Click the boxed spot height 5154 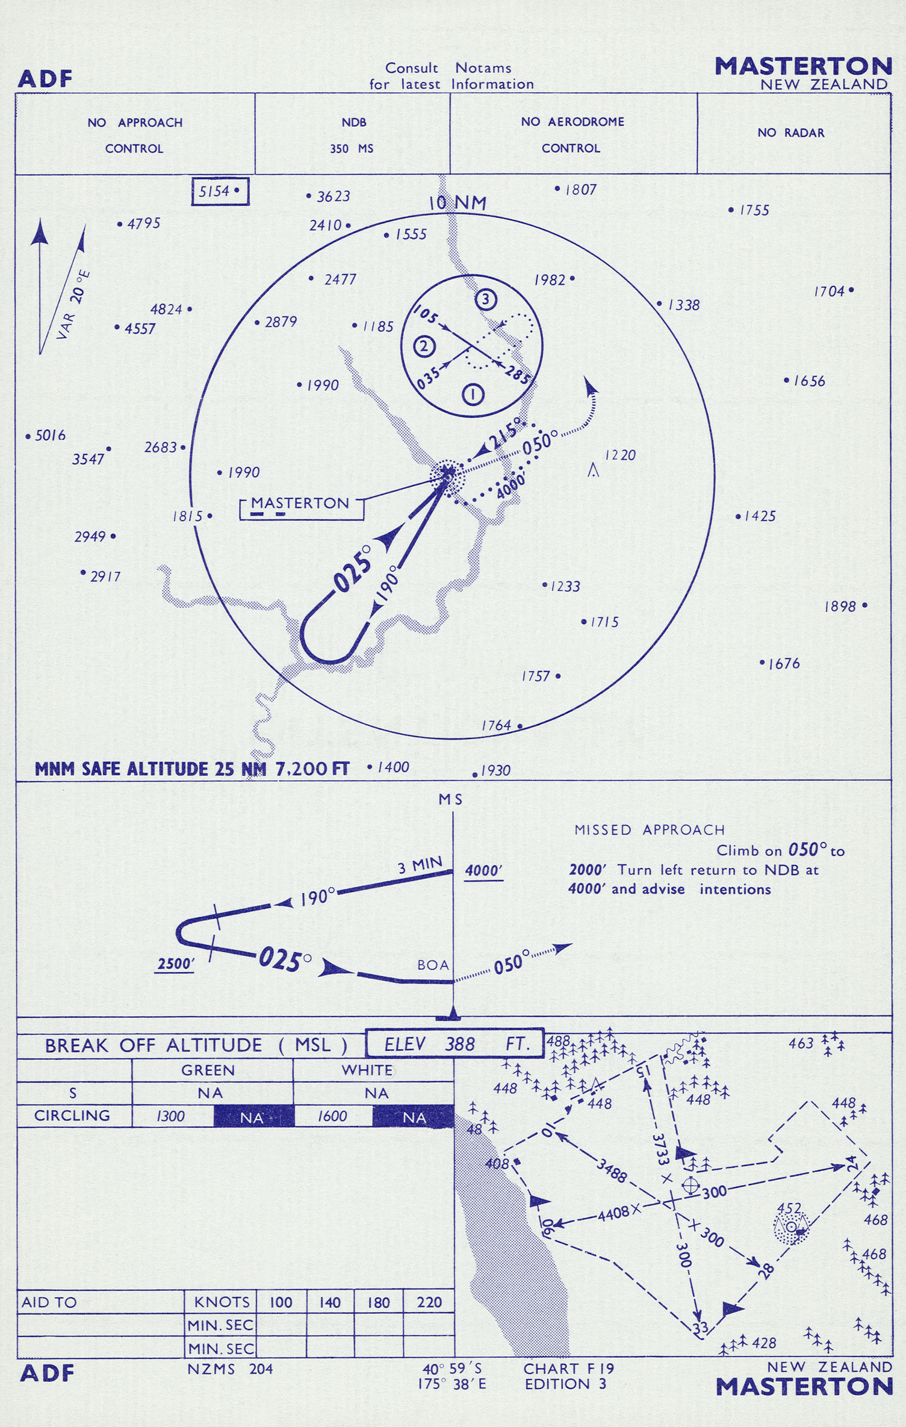click(x=220, y=192)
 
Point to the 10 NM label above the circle click(x=457, y=203)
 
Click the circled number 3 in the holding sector click(x=486, y=299)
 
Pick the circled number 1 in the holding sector click(x=473, y=395)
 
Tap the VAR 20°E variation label click(x=73, y=305)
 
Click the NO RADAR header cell click(x=790, y=133)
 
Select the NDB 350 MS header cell click(x=352, y=135)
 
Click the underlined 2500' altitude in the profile click(x=175, y=964)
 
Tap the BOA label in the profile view click(x=433, y=965)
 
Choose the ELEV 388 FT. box click(x=455, y=1044)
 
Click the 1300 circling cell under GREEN click(x=171, y=1117)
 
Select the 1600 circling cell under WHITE click(x=332, y=1117)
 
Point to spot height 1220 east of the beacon click(x=620, y=456)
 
